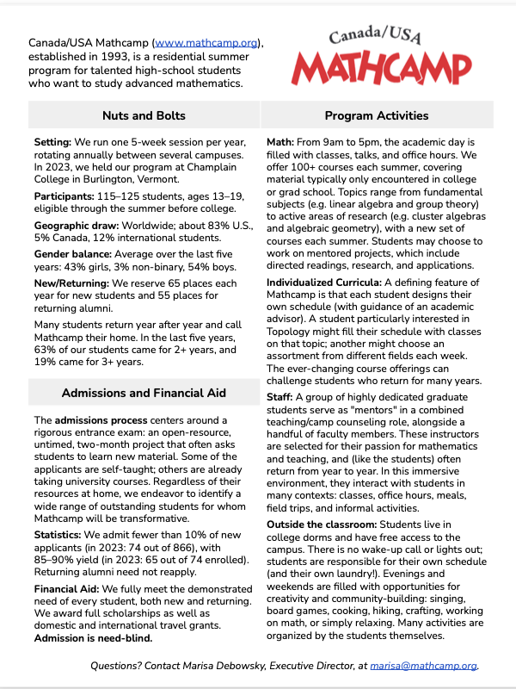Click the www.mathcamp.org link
207,42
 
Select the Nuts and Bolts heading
144,115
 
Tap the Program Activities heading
377,115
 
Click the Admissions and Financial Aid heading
144,394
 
